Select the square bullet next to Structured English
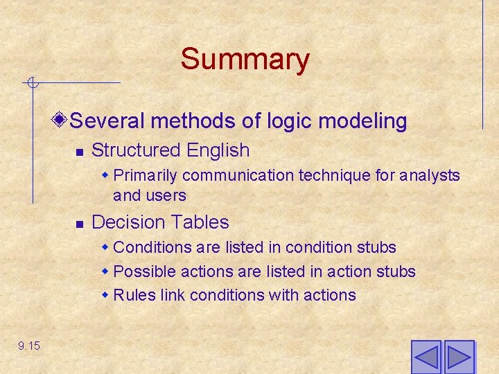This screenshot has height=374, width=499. tap(80, 151)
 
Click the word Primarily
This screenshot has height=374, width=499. tap(146, 175)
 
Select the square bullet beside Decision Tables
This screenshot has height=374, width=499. tap(80, 223)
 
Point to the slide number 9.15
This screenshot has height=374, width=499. tap(29, 346)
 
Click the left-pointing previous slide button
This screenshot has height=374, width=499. tap(426, 357)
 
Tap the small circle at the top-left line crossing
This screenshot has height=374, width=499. tap(31, 84)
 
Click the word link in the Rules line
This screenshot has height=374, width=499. tap(173, 295)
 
